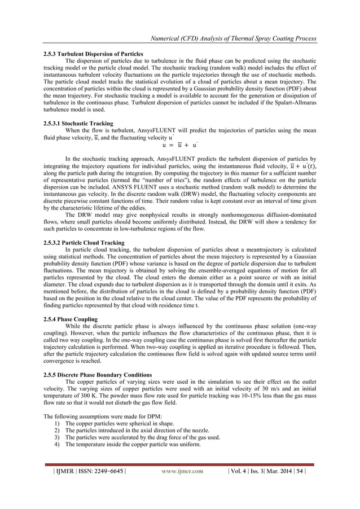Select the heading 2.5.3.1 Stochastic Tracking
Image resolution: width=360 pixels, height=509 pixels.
(x=78, y=122)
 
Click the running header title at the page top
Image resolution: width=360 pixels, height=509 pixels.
(x=231, y=38)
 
